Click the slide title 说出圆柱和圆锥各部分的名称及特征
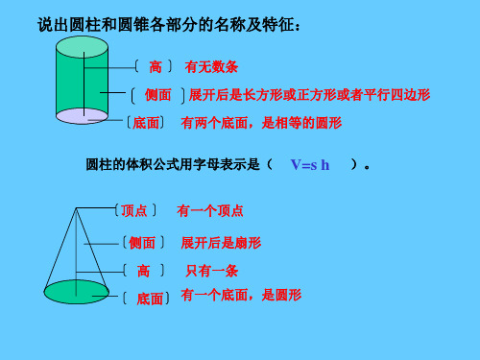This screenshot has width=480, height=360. click(168, 22)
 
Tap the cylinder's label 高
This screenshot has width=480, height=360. click(155, 67)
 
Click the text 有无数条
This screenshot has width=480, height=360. click(211, 67)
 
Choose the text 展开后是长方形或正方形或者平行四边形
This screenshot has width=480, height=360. click(309, 95)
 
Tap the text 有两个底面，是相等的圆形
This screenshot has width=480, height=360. click(261, 123)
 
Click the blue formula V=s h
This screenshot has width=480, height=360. click(309, 165)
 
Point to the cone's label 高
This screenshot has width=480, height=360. click(145, 272)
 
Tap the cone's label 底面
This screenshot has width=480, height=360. click(150, 299)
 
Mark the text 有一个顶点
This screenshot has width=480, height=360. click(210, 210)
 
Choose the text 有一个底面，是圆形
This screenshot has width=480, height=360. click(241, 296)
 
